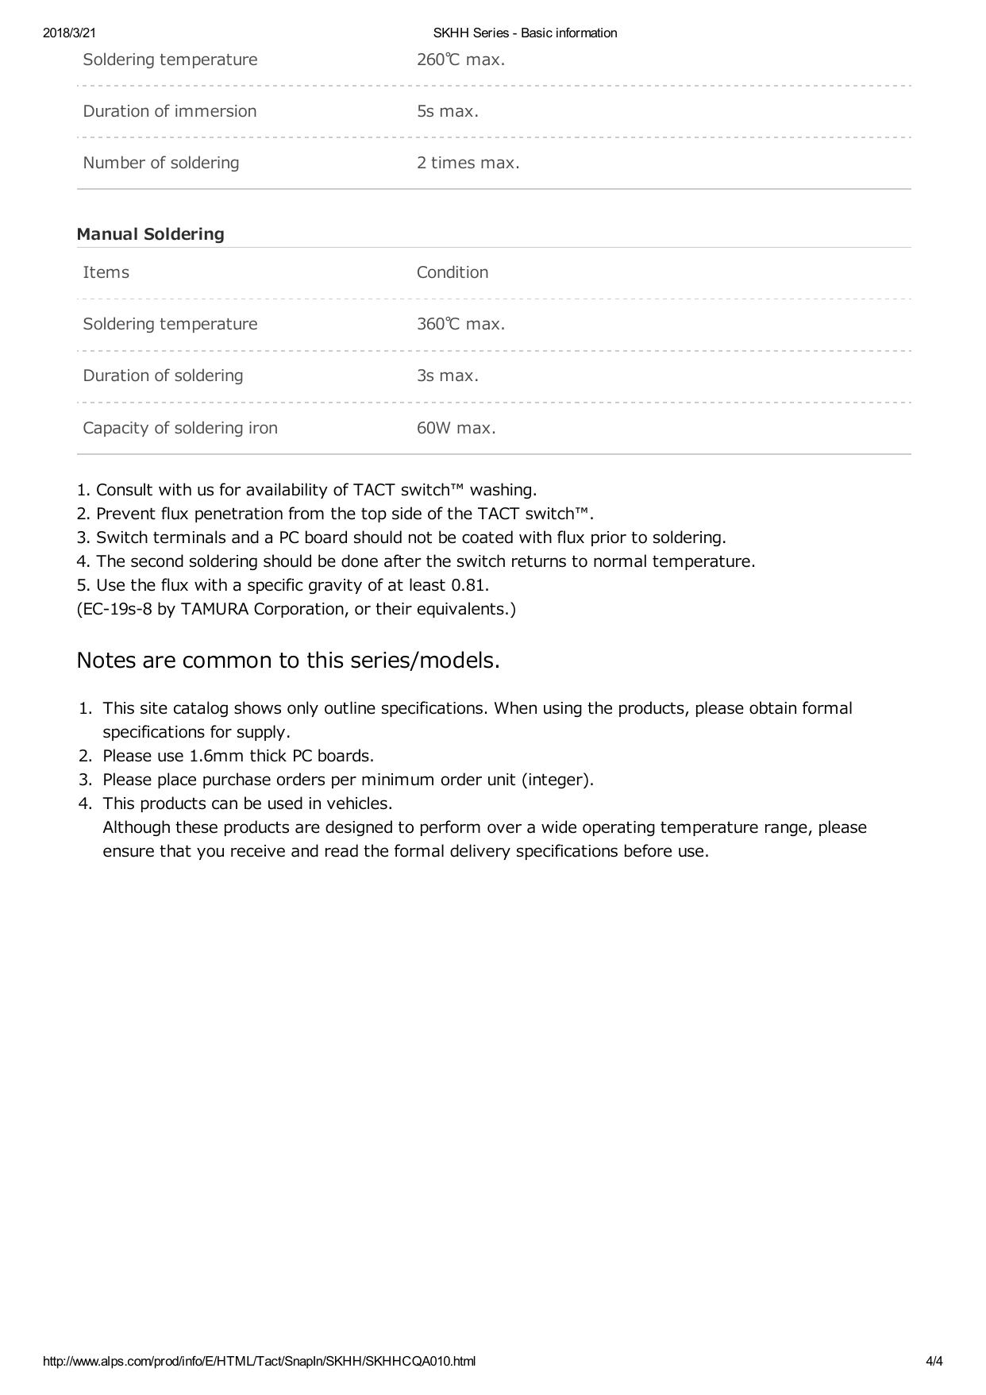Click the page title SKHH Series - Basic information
525,33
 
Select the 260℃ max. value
460,60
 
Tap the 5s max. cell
448,111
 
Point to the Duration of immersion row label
170,111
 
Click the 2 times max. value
468,163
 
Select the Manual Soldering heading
150,234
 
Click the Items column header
106,272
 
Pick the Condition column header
453,272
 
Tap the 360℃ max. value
460,324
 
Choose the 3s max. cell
448,376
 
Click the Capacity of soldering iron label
180,428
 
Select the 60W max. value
456,428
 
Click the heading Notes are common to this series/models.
288,661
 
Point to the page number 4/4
934,1362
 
